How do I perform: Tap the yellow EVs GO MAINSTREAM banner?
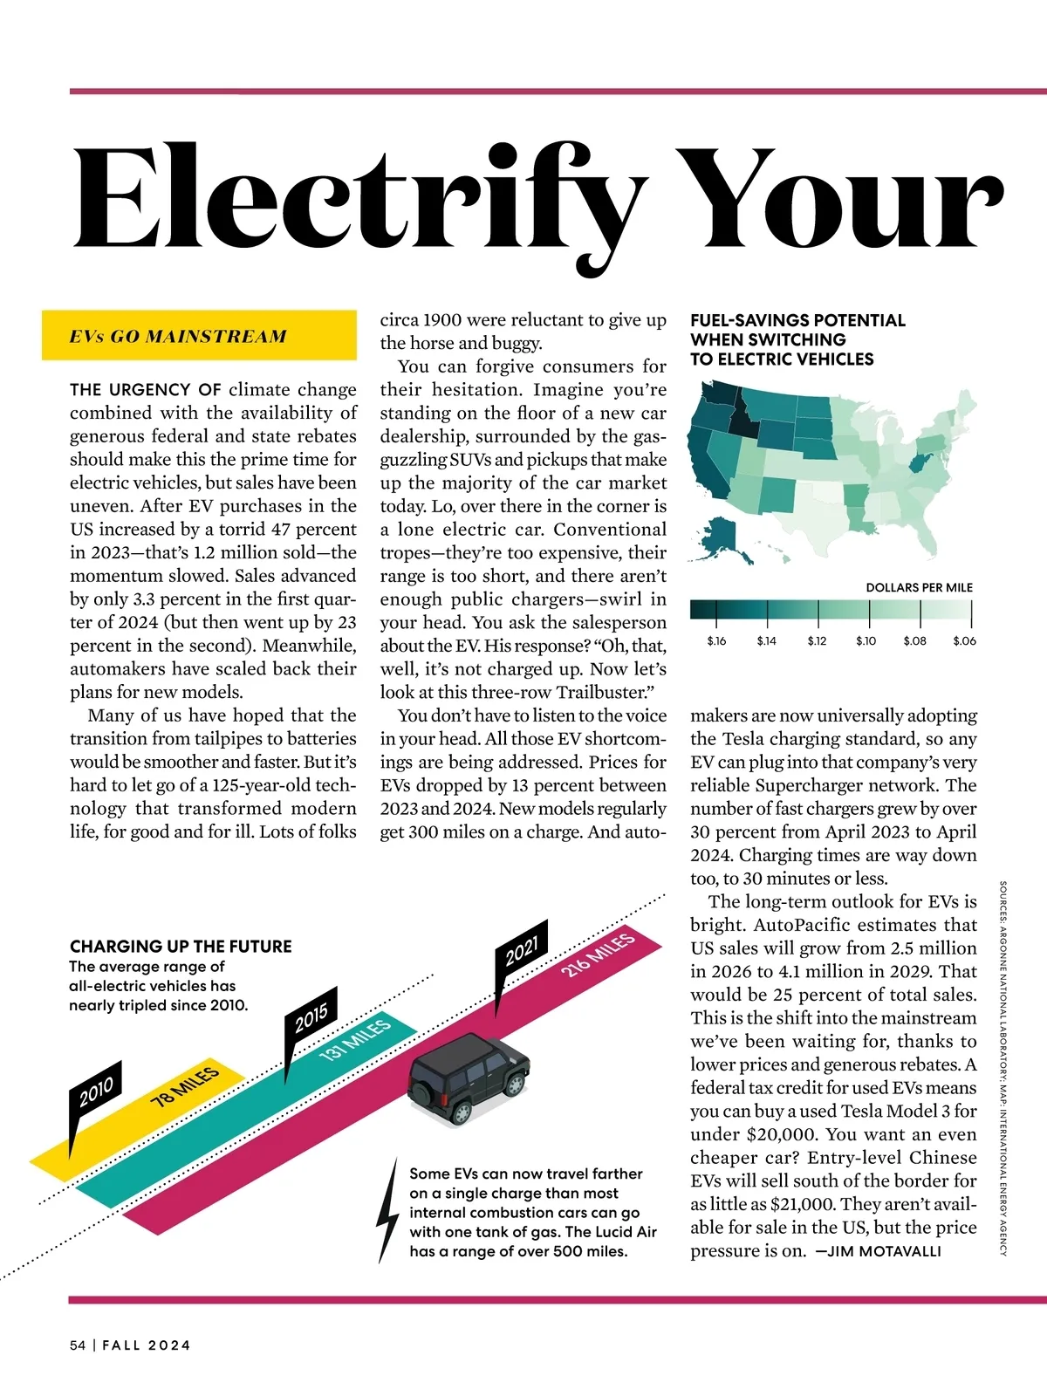pyautogui.click(x=199, y=335)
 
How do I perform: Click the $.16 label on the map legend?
pyautogui.click(x=716, y=641)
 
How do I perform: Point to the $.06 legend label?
pyautogui.click(x=964, y=641)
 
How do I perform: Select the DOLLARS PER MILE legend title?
pyautogui.click(x=919, y=587)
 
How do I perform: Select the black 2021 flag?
pyautogui.click(x=522, y=949)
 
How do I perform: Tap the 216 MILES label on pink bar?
pyautogui.click(x=598, y=955)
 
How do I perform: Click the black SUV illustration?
pyautogui.click(x=469, y=1077)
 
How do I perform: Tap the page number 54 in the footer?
pyautogui.click(x=78, y=1345)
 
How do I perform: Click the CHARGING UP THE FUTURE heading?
pyautogui.click(x=181, y=946)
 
